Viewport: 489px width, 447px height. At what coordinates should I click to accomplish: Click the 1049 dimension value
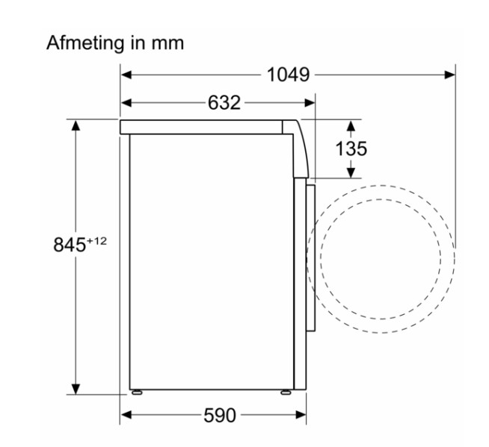[x=288, y=75]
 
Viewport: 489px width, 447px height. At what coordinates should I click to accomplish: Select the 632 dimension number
[x=224, y=102]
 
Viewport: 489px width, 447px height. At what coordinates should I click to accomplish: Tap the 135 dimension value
[x=351, y=149]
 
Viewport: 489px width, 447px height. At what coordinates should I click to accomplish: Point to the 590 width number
[x=220, y=415]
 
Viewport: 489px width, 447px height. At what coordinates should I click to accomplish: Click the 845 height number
[x=70, y=244]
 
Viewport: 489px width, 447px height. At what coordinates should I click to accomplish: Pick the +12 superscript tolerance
[x=96, y=241]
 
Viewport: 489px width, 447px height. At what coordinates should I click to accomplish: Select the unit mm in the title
[x=167, y=43]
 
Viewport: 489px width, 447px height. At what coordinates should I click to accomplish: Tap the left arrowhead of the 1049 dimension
[x=126, y=75]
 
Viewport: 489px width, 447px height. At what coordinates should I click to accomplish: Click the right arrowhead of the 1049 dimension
[x=449, y=75]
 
